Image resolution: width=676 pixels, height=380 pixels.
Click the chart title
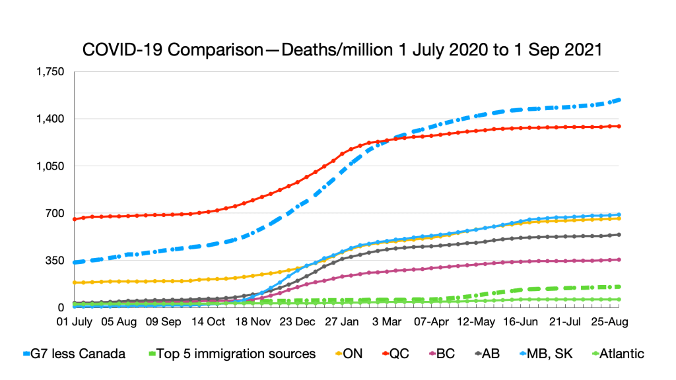click(341, 50)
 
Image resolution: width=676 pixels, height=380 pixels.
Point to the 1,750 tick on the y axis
click(55, 72)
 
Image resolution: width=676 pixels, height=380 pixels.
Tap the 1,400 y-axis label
click(55, 119)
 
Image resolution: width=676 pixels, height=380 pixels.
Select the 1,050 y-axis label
click(55, 166)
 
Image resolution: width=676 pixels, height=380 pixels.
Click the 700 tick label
click(59, 214)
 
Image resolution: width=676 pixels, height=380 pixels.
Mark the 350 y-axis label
click(59, 261)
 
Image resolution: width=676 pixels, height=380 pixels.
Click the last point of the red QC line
click(619, 126)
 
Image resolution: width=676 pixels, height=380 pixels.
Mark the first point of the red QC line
click(75, 219)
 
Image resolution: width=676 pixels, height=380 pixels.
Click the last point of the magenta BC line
click(619, 259)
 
